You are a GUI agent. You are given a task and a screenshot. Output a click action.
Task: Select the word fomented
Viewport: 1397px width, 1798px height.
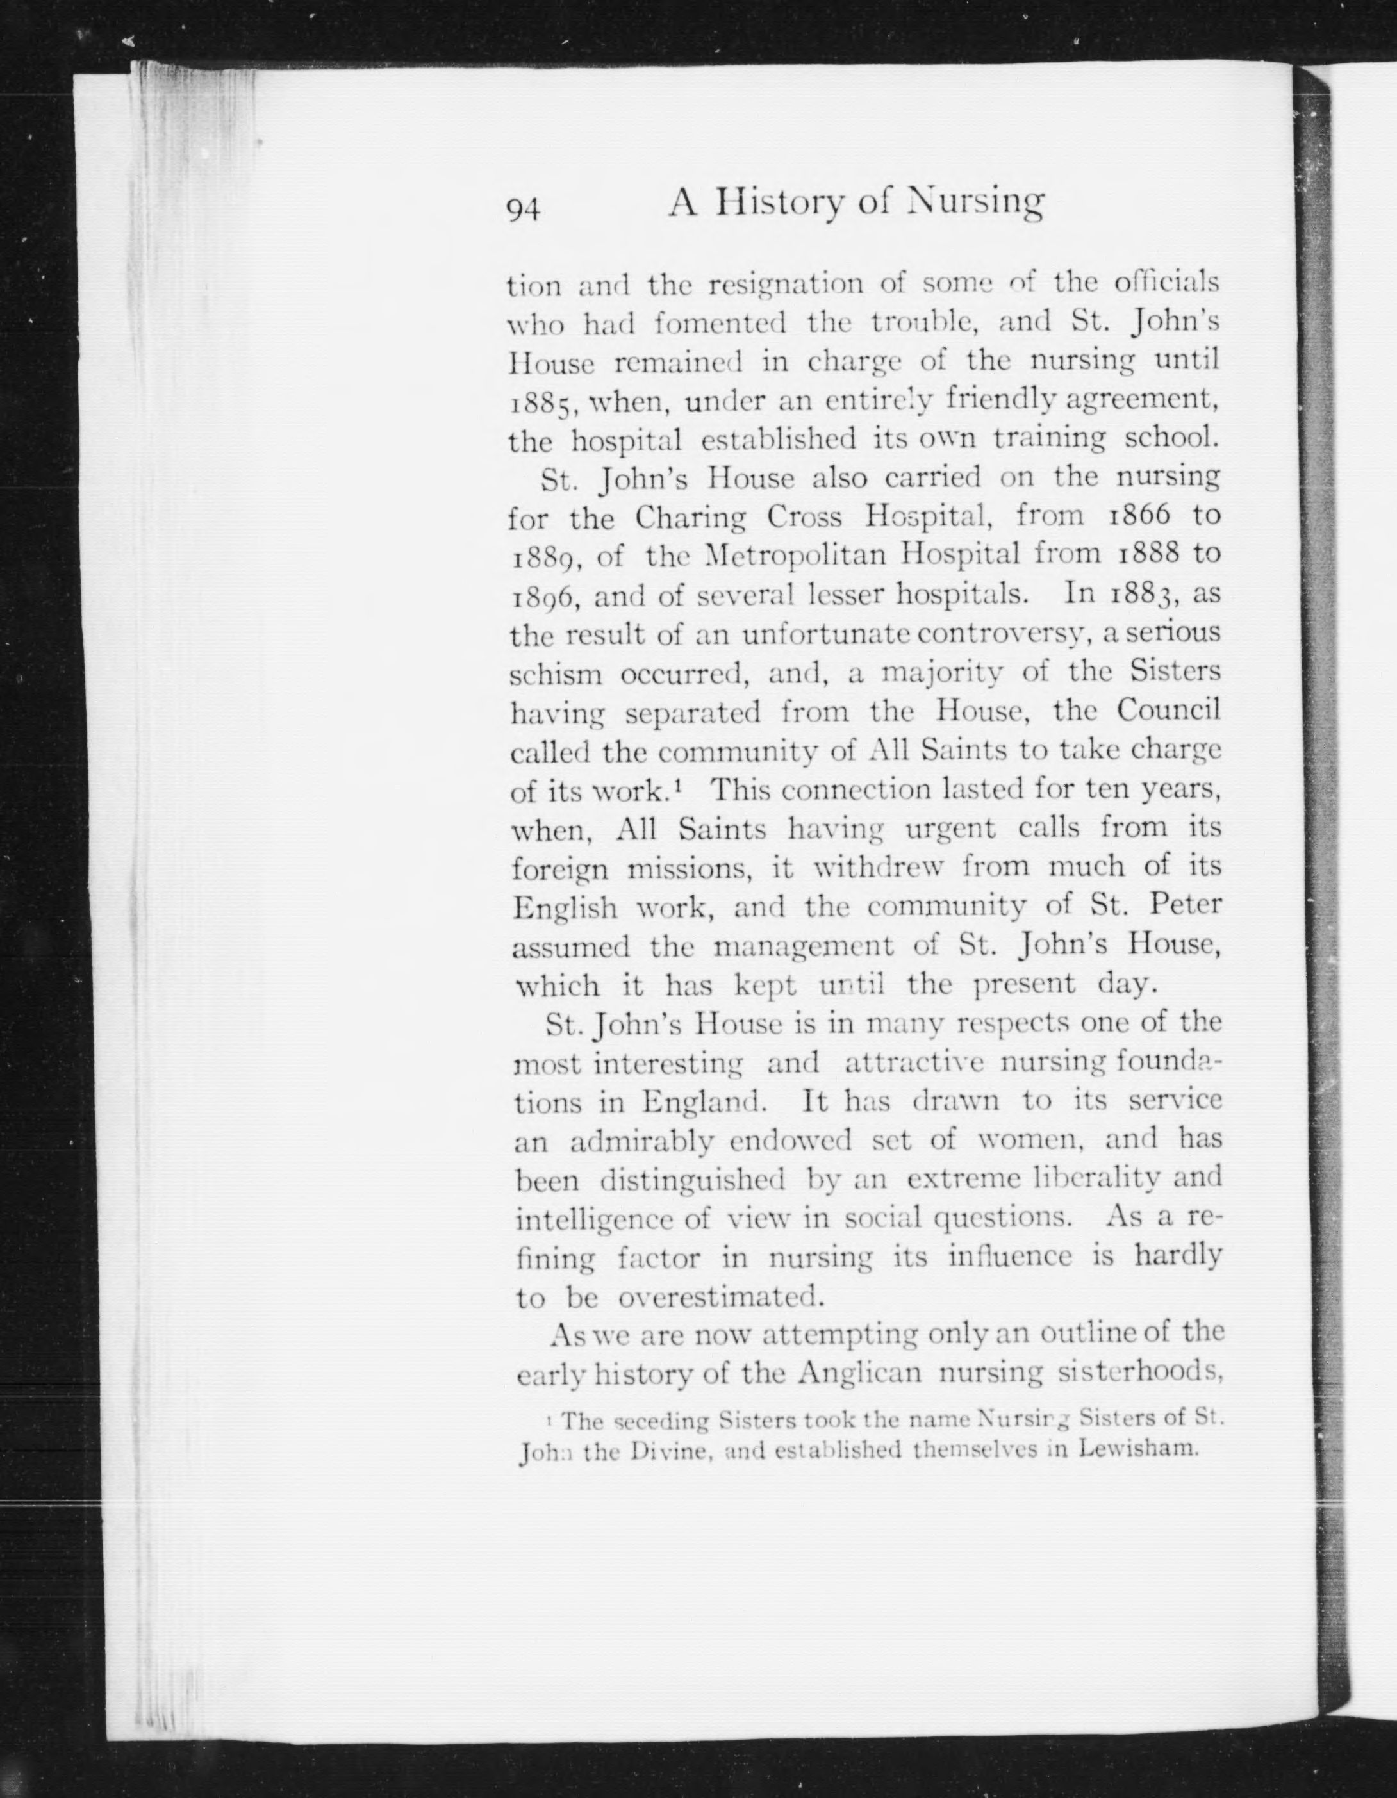(x=720, y=324)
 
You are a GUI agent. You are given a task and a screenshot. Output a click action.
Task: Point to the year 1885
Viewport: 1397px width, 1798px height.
(x=541, y=404)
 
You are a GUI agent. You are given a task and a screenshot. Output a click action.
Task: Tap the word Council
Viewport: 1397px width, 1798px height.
(x=1168, y=711)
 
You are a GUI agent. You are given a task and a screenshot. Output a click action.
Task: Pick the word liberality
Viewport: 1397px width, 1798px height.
(x=1097, y=1178)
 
